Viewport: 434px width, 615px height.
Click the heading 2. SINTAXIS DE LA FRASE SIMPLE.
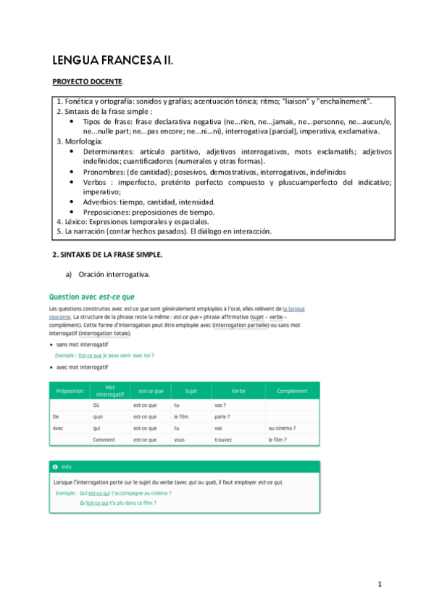click(108, 255)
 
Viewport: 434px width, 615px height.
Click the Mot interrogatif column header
click(110, 392)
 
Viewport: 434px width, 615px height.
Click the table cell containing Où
click(97, 406)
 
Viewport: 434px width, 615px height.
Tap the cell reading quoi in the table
click(99, 417)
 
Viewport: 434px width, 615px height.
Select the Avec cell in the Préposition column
click(59, 429)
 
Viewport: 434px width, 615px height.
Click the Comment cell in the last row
click(104, 439)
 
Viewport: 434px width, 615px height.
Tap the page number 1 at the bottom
click(379, 585)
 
